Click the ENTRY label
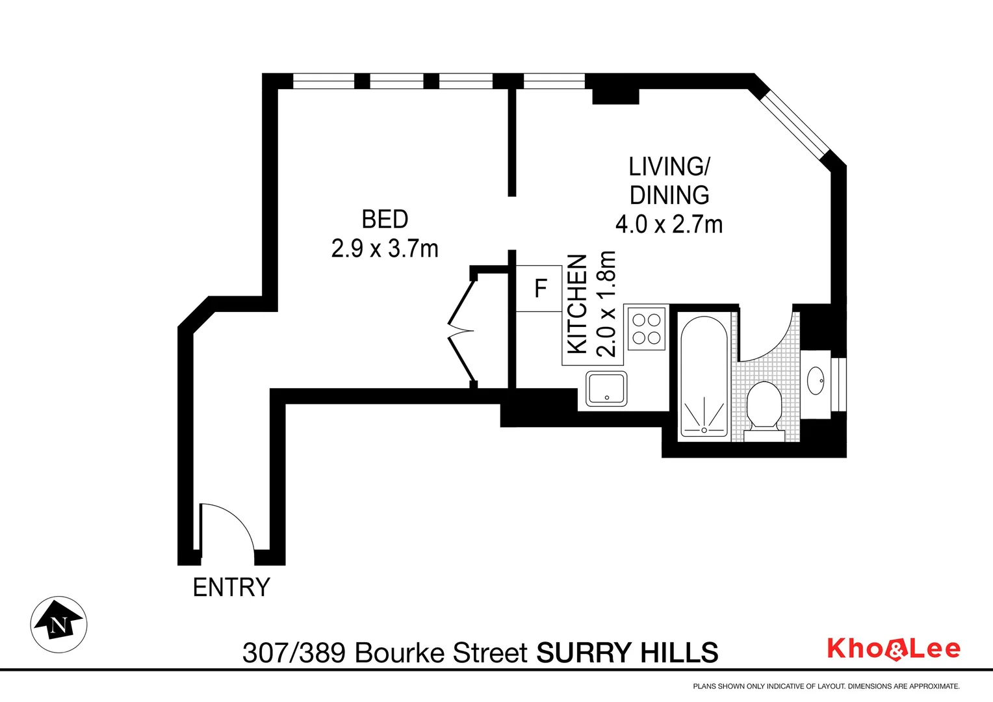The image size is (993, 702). [x=231, y=588]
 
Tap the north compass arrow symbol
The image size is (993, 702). [x=59, y=623]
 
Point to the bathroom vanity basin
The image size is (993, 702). [x=816, y=381]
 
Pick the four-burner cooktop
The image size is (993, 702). [x=647, y=328]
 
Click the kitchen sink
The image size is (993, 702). [x=607, y=389]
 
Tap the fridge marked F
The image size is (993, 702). [x=539, y=288]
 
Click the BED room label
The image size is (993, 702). [x=385, y=219]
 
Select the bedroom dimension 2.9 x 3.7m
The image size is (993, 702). [x=385, y=248]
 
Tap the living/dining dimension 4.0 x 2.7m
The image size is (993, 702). [x=669, y=225]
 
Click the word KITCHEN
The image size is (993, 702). [x=578, y=304]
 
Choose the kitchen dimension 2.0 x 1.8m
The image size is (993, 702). [x=606, y=304]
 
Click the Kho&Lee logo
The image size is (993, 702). [x=894, y=649]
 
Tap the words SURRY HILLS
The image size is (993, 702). [x=627, y=652]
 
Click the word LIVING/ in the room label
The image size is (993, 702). [x=669, y=167]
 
